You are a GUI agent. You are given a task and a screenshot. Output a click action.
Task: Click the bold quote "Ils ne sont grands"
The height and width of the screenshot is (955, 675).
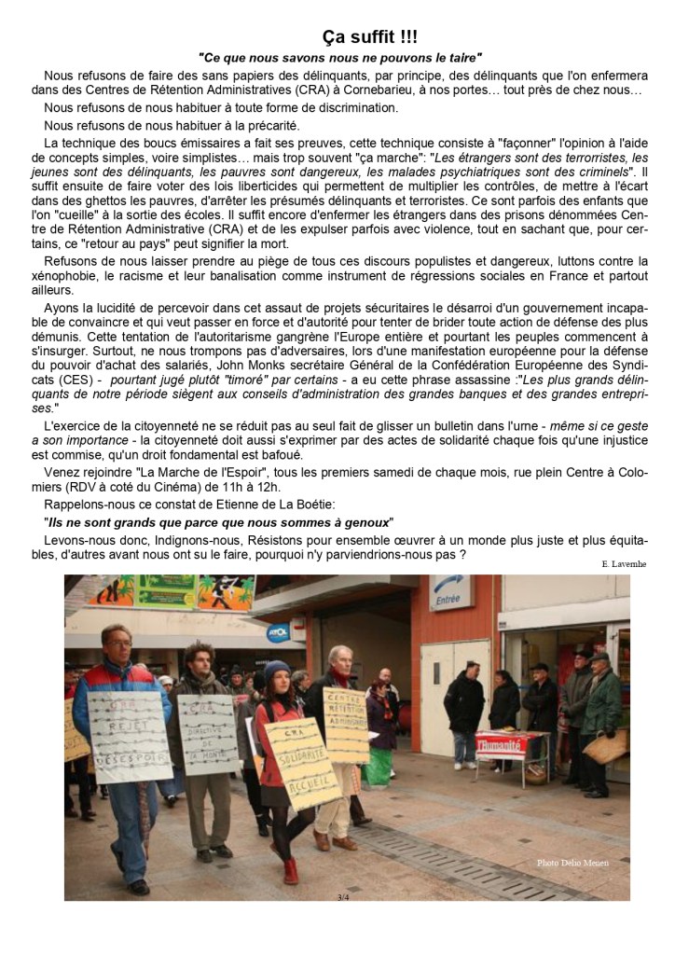click(104, 521)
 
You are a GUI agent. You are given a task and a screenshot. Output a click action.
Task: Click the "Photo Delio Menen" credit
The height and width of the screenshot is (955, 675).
click(572, 863)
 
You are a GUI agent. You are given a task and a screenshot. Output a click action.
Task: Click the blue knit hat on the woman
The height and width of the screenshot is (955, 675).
click(276, 670)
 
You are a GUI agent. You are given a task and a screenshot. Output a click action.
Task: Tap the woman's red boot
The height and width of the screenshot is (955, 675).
click(291, 871)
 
